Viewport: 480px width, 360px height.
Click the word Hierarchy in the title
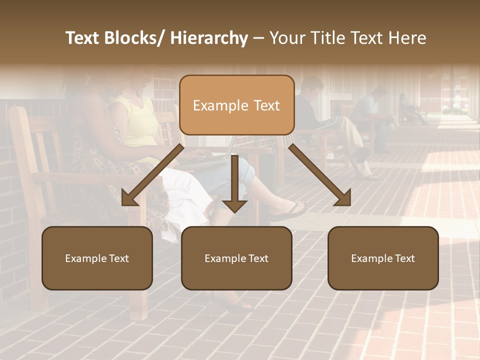[x=209, y=38]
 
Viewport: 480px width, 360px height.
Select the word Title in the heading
[x=326, y=38]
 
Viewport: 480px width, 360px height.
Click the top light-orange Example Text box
[x=236, y=105]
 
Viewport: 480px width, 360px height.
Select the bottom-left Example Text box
[x=97, y=258]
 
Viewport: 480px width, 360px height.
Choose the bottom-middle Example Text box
[x=236, y=258]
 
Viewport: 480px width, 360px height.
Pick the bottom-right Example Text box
[x=383, y=258]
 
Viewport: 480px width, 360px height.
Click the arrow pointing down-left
[x=152, y=175]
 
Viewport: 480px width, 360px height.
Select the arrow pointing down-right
[x=320, y=175]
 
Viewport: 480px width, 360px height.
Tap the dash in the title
[x=258, y=38]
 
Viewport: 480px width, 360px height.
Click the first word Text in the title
[x=82, y=38]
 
